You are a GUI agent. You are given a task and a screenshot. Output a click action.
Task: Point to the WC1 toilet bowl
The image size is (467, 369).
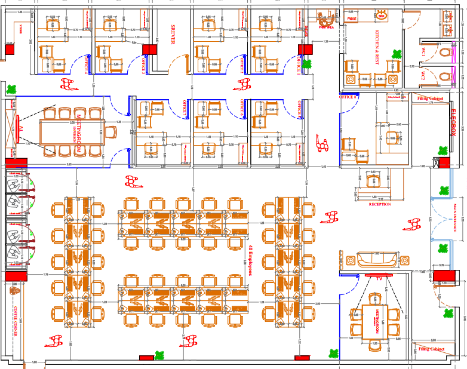click(x=445, y=53)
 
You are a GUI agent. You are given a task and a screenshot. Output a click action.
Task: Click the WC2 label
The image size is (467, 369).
click(x=423, y=76)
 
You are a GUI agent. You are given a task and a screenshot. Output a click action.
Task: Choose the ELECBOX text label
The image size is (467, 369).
click(x=453, y=125)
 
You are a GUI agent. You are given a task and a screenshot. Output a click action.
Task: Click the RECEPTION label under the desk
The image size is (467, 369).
click(x=380, y=204)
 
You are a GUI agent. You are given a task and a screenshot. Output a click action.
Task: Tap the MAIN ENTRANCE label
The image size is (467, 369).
click(x=455, y=218)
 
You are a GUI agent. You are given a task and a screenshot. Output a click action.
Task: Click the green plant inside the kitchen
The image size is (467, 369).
click(x=395, y=54)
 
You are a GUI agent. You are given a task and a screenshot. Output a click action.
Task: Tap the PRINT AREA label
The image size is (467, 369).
click(x=326, y=27)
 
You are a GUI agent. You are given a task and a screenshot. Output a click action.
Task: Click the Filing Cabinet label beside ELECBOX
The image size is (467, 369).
click(x=431, y=97)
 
